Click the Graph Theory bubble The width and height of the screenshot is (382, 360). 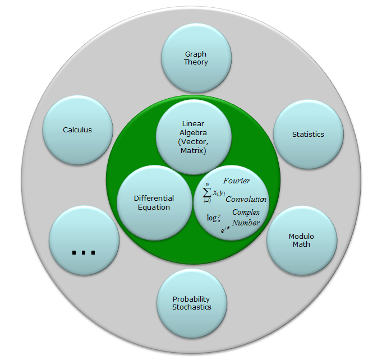point(196,58)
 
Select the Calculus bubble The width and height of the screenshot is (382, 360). point(77,130)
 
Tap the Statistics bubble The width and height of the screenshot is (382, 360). point(308,135)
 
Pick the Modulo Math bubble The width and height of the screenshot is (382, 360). point(301,240)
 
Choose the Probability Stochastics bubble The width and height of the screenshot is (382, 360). point(192,303)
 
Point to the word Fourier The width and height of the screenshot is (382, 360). point(236,181)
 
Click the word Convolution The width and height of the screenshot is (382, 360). point(246,200)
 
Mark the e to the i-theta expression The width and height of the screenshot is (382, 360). point(224,228)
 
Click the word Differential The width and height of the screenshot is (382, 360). point(154,199)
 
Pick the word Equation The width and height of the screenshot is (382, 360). point(154,207)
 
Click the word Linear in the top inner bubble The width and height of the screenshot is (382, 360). point(192,123)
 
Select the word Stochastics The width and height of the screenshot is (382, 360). point(192,307)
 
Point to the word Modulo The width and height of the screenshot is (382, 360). point(301,236)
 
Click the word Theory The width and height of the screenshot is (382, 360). point(196,62)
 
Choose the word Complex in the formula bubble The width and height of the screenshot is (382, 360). point(246,213)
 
